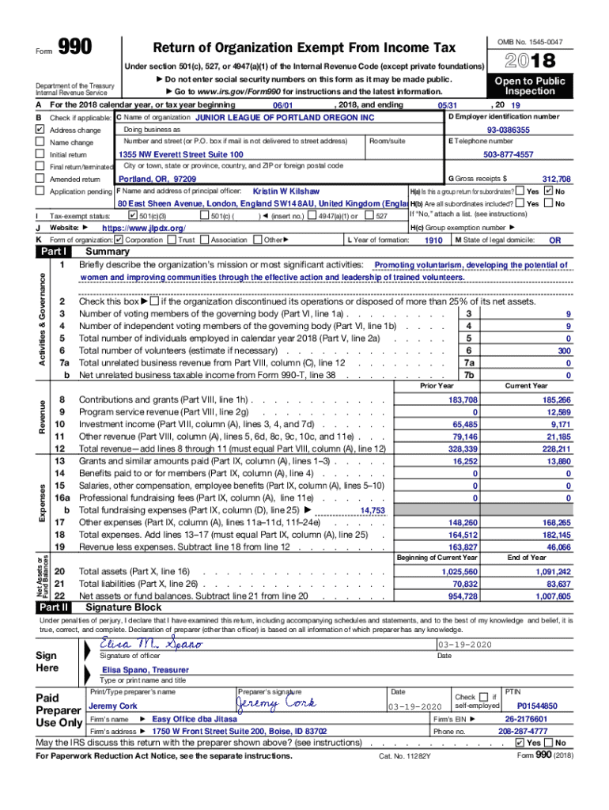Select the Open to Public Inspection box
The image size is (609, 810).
click(530, 86)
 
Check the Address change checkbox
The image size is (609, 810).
click(40, 130)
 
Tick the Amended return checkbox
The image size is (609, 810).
click(40, 180)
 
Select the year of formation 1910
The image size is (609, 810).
click(433, 240)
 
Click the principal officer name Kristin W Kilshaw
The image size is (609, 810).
click(286, 192)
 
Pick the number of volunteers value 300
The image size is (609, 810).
click(563, 350)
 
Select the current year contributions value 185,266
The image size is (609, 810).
click(557, 400)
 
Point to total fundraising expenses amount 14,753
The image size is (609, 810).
click(373, 511)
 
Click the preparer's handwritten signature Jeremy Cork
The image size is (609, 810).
click(276, 704)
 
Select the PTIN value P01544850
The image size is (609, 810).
click(537, 706)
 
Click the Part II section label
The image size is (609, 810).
click(53, 607)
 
